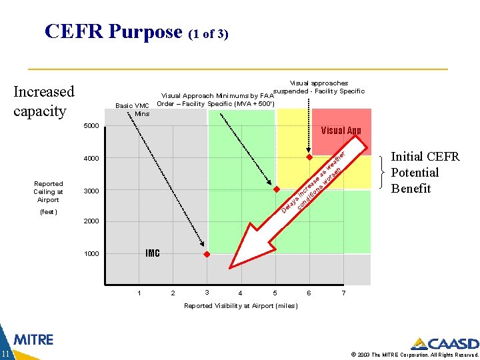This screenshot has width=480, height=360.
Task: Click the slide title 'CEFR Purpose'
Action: [113, 31]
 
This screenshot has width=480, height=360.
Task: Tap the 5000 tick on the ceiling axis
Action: [91, 126]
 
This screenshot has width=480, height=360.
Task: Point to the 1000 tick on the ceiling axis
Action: [91, 254]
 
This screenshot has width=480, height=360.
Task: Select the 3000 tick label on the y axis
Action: [91, 191]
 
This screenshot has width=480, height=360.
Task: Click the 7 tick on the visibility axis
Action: [343, 293]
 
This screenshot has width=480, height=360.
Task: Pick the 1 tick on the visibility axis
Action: [139, 293]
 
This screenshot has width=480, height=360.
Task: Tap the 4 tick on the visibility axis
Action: [240, 293]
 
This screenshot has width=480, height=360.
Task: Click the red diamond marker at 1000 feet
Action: [207, 255]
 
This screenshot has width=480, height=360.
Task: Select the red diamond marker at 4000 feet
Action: [309, 158]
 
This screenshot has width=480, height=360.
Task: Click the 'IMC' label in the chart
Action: [153, 253]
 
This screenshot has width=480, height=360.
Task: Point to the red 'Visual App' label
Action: [341, 131]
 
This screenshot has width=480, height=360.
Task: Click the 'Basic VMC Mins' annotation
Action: [133, 109]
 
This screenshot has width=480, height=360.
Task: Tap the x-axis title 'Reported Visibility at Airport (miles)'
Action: [241, 306]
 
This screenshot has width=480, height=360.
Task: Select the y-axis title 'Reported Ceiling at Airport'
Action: [49, 191]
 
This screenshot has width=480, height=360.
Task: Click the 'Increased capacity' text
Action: [43, 101]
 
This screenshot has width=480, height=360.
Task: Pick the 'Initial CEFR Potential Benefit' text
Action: [425, 173]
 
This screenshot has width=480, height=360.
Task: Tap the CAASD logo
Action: [445, 344]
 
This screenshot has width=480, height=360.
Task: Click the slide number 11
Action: [5, 353]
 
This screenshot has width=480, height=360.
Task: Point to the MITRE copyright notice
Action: [413, 354]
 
